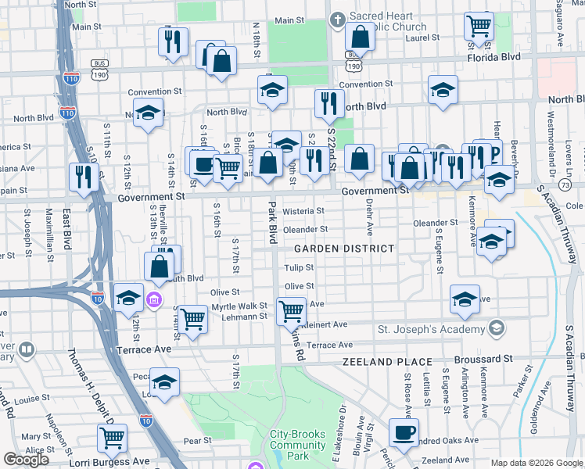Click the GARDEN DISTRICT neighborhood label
pos(343,249)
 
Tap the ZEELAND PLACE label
pos(387,362)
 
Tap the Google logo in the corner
pos(26,460)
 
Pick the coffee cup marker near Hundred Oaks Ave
pos(404,432)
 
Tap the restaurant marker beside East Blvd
pos(81,177)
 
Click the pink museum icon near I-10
pos(154,299)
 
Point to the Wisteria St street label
pos(303,211)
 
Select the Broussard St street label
pos(486,358)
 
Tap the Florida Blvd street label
pos(493,58)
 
